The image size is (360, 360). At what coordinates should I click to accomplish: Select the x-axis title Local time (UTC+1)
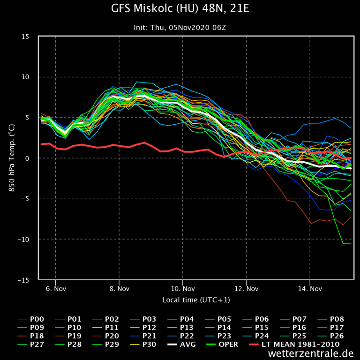pyautogui.click(x=196, y=300)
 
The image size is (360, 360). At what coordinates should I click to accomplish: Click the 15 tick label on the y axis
pyautogui.click(x=25, y=37)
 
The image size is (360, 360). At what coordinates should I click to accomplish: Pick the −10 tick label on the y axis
pyautogui.click(x=23, y=240)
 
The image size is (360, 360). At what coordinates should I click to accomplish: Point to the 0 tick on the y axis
pyautogui.click(x=27, y=158)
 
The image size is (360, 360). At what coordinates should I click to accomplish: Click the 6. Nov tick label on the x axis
pyautogui.click(x=55, y=289)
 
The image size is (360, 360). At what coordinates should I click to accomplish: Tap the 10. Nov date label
pyautogui.click(x=182, y=289)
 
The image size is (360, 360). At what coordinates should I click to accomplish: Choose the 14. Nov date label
pyautogui.click(x=310, y=289)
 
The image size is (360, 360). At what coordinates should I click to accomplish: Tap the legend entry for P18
pyautogui.click(x=32, y=336)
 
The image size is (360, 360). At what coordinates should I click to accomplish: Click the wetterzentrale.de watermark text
pyautogui.click(x=311, y=353)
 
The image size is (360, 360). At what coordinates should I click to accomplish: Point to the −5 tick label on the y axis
pyautogui.click(x=25, y=199)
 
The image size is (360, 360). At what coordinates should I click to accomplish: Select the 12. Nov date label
pyautogui.click(x=246, y=289)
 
